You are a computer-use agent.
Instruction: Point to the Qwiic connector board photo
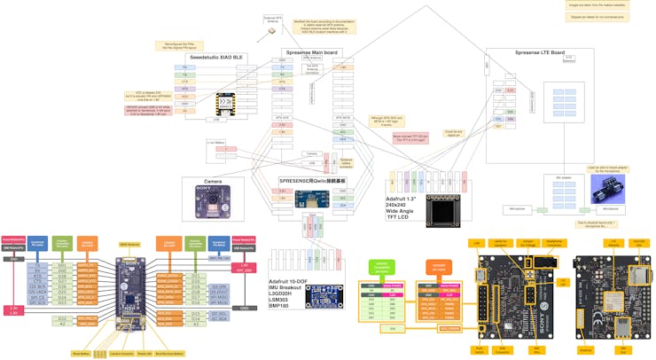click(311, 197)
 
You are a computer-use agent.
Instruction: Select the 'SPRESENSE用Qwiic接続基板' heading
click(310, 180)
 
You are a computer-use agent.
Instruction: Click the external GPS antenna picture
click(270, 30)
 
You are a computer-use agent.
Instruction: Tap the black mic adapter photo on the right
click(608, 188)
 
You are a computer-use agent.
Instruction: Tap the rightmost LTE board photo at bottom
click(611, 293)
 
